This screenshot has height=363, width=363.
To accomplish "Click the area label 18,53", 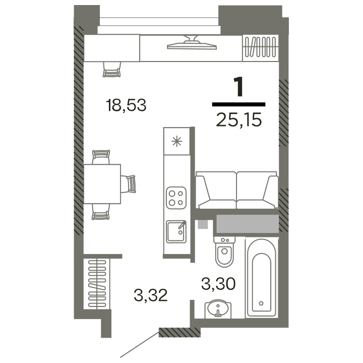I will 126,106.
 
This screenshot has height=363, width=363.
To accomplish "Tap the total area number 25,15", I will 238,120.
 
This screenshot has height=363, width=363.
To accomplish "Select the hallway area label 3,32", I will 151,293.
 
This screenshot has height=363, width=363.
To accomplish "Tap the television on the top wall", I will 191,43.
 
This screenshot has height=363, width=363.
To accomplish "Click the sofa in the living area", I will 236,190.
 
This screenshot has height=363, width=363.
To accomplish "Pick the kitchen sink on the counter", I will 176,232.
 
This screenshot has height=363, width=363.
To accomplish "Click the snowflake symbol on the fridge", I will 177,141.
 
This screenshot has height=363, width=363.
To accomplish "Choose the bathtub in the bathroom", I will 261,277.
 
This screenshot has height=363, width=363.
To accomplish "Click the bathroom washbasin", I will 217,308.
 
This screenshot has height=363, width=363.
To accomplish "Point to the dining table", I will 102,184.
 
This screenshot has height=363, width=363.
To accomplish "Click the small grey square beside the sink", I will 203,224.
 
